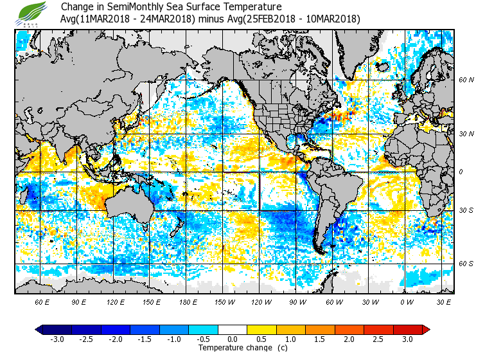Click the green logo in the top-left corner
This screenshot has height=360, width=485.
33,13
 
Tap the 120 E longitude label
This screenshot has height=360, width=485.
116,301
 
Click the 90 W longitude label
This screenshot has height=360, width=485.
298,301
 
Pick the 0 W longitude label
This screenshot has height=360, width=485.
407,301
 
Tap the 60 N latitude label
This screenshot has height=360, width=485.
466,80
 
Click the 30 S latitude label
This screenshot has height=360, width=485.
466,211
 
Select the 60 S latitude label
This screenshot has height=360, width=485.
466,263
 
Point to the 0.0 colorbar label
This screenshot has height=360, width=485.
233,339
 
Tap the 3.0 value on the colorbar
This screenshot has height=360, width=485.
407,339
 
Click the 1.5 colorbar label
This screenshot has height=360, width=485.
320,339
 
